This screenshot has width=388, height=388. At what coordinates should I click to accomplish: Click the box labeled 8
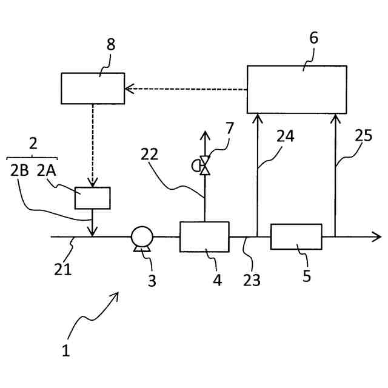[x=93, y=88]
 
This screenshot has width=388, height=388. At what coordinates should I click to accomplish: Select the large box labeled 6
[x=297, y=89]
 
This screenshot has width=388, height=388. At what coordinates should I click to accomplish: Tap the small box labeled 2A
[x=92, y=198]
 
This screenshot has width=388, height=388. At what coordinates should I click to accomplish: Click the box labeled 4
[x=204, y=236]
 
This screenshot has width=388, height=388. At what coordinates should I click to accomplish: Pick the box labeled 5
[x=296, y=236]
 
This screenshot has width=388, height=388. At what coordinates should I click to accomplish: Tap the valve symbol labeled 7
[x=204, y=164]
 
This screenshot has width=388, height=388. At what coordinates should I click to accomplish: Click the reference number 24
[x=286, y=137]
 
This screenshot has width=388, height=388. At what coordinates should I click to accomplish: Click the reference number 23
[x=252, y=279]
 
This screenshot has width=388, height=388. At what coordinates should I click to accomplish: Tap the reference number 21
[x=63, y=268]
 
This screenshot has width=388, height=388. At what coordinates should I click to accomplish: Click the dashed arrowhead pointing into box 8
[x=128, y=90]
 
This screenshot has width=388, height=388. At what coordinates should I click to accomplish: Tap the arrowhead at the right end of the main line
[x=377, y=237]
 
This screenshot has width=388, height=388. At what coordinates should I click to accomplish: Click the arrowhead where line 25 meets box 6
[x=335, y=118]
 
